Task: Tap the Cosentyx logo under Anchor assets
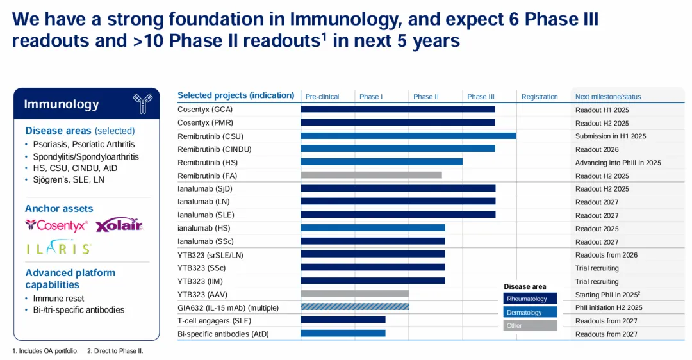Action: pos(56,225)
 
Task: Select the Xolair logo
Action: pos(119,225)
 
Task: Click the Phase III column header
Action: pos(481,97)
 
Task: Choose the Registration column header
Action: pos(540,97)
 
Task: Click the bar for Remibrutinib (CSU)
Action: pos(408,136)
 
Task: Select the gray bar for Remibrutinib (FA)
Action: pos(371,176)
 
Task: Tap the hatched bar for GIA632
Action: pos(355,307)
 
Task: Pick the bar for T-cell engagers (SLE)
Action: pos(343,320)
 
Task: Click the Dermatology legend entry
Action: pos(530,313)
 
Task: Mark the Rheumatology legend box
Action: pos(530,299)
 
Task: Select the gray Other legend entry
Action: pos(530,326)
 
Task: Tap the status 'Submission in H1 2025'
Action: pos(610,136)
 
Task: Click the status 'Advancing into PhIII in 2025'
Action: pos(618,163)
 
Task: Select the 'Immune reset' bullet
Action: pos(58,299)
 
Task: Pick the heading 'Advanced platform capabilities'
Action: pos(70,279)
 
